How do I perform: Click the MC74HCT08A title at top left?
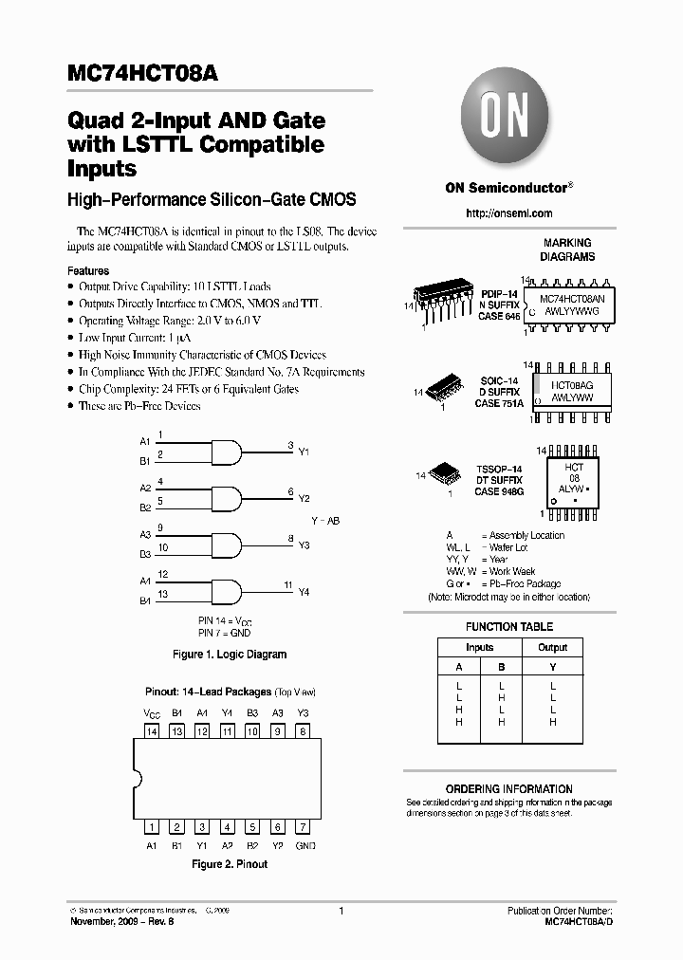[x=142, y=75]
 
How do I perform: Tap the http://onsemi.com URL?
[x=509, y=213]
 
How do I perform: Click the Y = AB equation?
[x=325, y=521]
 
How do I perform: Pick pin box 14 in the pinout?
[x=151, y=731]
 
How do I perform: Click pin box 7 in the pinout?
[x=303, y=827]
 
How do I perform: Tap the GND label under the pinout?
[x=305, y=845]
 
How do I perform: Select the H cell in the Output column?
[x=552, y=722]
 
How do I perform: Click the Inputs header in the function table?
[x=480, y=647]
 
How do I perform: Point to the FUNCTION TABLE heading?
[x=509, y=627]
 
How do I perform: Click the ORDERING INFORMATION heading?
[x=509, y=789]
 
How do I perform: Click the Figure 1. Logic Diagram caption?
[x=230, y=655]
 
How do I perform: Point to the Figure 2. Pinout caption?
[x=230, y=864]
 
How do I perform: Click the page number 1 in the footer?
[x=341, y=911]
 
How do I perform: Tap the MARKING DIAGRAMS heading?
[x=567, y=249]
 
